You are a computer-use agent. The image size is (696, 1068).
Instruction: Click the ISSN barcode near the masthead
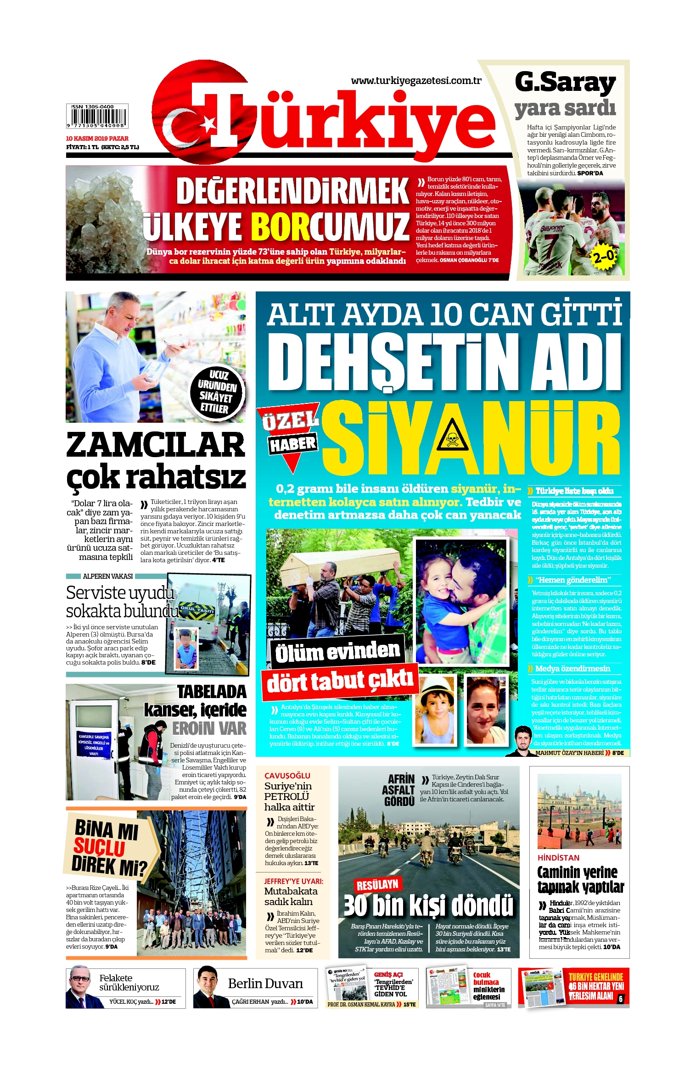coord(97,116)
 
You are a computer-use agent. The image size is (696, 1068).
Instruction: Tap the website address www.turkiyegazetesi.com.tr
coord(416,81)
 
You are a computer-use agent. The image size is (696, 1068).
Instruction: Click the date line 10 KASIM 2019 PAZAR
coord(97,138)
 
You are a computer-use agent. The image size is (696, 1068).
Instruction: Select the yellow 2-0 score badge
coord(605,256)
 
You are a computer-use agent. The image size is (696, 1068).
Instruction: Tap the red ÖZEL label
coord(290,419)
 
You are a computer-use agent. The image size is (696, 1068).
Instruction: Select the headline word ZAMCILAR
coord(156,445)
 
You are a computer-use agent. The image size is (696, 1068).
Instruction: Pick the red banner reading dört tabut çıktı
coord(340,681)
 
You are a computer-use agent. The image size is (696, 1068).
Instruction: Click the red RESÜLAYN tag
coord(377,884)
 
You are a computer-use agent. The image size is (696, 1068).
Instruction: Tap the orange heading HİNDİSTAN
coord(558,858)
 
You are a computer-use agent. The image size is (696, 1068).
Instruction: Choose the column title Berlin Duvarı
coord(265,984)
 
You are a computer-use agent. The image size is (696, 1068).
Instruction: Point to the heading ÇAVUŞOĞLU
coord(287,776)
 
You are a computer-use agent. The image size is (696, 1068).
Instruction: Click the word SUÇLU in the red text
coord(99,847)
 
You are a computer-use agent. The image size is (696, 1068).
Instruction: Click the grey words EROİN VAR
coord(209,728)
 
